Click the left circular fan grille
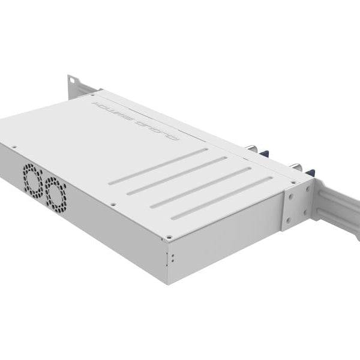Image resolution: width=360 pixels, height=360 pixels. pyautogui.click(x=34, y=178)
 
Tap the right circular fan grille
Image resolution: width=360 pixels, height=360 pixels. pyautogui.click(x=56, y=191)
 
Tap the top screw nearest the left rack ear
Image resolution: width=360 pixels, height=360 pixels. pyautogui.click(x=93, y=94)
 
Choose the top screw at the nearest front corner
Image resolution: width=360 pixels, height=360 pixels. pyautogui.click(x=169, y=237)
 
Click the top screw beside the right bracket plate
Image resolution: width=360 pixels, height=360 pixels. pyautogui.click(x=292, y=181)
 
